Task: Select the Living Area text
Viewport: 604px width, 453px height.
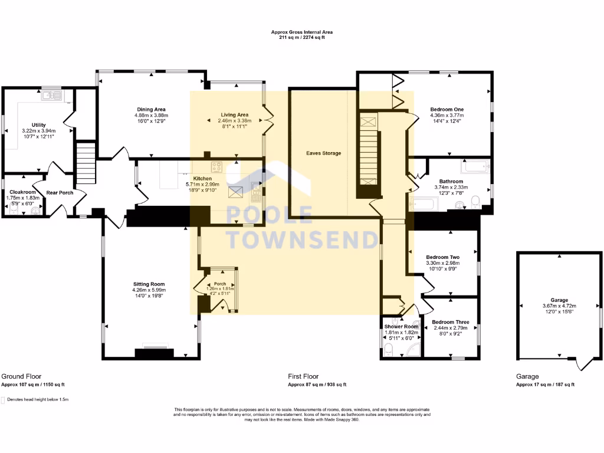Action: tap(235, 114)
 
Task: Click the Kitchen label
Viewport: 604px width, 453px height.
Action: tap(203, 178)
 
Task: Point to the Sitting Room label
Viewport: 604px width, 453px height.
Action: tap(149, 284)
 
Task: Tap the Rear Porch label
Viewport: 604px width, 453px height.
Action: tap(60, 192)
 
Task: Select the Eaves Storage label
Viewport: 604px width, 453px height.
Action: tap(323, 153)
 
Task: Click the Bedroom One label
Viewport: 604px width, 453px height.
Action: tap(447, 110)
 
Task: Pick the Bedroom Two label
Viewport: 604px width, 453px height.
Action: tap(442, 257)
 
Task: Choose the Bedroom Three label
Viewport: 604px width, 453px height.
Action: tap(451, 322)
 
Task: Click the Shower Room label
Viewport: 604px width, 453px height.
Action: tap(401, 326)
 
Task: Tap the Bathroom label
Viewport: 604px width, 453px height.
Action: tap(451, 181)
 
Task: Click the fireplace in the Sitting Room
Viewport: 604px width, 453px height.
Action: tap(154, 353)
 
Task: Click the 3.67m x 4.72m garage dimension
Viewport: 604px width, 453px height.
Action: tap(559, 306)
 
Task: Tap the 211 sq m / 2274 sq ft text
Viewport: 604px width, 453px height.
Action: tap(298, 37)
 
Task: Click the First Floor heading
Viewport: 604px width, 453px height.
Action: tap(303, 376)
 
